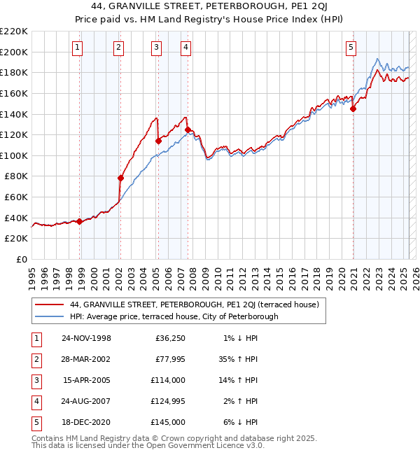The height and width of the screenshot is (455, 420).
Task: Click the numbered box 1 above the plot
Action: point(77,48)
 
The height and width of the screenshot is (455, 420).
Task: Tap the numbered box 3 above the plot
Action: point(155,48)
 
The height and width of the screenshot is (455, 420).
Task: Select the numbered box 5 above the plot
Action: point(351,48)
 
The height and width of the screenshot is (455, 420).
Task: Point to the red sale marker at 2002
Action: point(120,178)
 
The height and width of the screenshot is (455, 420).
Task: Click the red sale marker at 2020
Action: point(353,108)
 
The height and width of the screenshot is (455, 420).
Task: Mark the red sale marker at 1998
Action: point(79,221)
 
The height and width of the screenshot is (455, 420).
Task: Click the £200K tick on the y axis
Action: point(15,52)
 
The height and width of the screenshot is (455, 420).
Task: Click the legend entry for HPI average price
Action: point(174,316)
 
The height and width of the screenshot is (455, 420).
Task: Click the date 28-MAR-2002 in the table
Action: point(86,359)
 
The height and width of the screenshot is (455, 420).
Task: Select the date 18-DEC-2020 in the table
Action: point(86,422)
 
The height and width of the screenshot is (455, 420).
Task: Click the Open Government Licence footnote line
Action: point(148,445)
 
